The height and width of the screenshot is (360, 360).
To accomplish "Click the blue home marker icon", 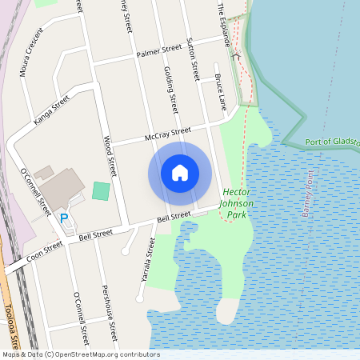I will tap(180, 173).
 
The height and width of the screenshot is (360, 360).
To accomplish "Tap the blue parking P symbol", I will tap(64, 217).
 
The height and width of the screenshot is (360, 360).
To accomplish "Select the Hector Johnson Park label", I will tap(238, 198).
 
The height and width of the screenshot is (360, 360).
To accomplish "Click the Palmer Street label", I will tap(159, 51).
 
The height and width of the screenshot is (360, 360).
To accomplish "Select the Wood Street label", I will tap(110, 155).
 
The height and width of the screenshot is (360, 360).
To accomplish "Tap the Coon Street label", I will tap(44, 253).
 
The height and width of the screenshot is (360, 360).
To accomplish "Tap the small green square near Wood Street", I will tap(101, 191).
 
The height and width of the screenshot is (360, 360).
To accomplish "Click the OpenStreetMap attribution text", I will tap(80, 354).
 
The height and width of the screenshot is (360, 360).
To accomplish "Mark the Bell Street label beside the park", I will tap(174, 217).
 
